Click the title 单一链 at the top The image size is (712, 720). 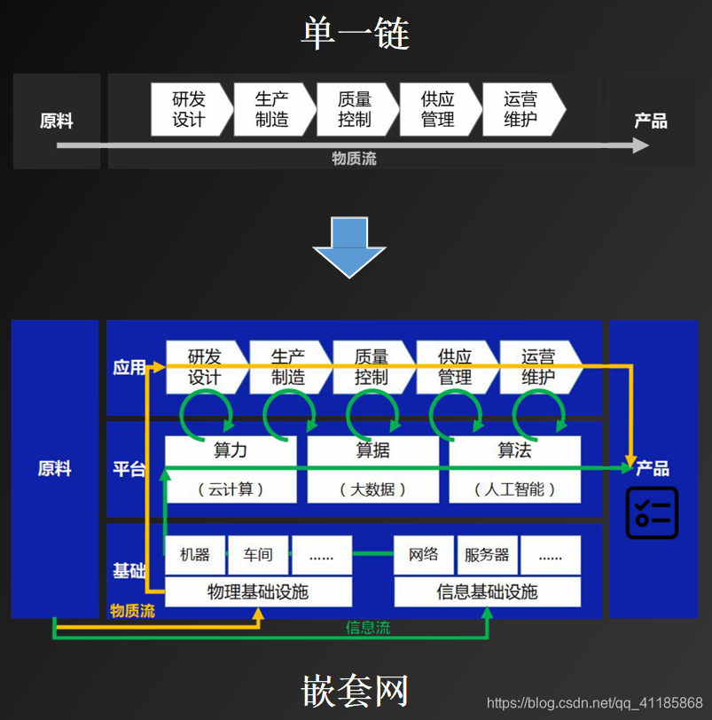click(355, 34)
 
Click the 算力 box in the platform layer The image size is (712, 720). click(231, 469)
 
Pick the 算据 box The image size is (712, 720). click(372, 469)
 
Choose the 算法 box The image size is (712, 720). click(514, 469)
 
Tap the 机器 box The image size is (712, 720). click(195, 555)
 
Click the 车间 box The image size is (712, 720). click(258, 555)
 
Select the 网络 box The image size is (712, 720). click(424, 555)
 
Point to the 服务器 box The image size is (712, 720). click(487, 555)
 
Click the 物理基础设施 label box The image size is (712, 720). click(258, 591)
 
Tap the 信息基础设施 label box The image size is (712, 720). click(487, 591)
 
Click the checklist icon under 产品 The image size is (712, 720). click(652, 513)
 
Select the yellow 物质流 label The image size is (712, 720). click(132, 611)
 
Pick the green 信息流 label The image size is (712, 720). click(367, 628)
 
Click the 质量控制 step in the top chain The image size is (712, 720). click(355, 110)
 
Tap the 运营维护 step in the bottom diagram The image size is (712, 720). click(537, 367)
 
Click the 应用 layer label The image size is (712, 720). click(129, 367)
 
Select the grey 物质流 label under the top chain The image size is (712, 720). click(354, 159)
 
